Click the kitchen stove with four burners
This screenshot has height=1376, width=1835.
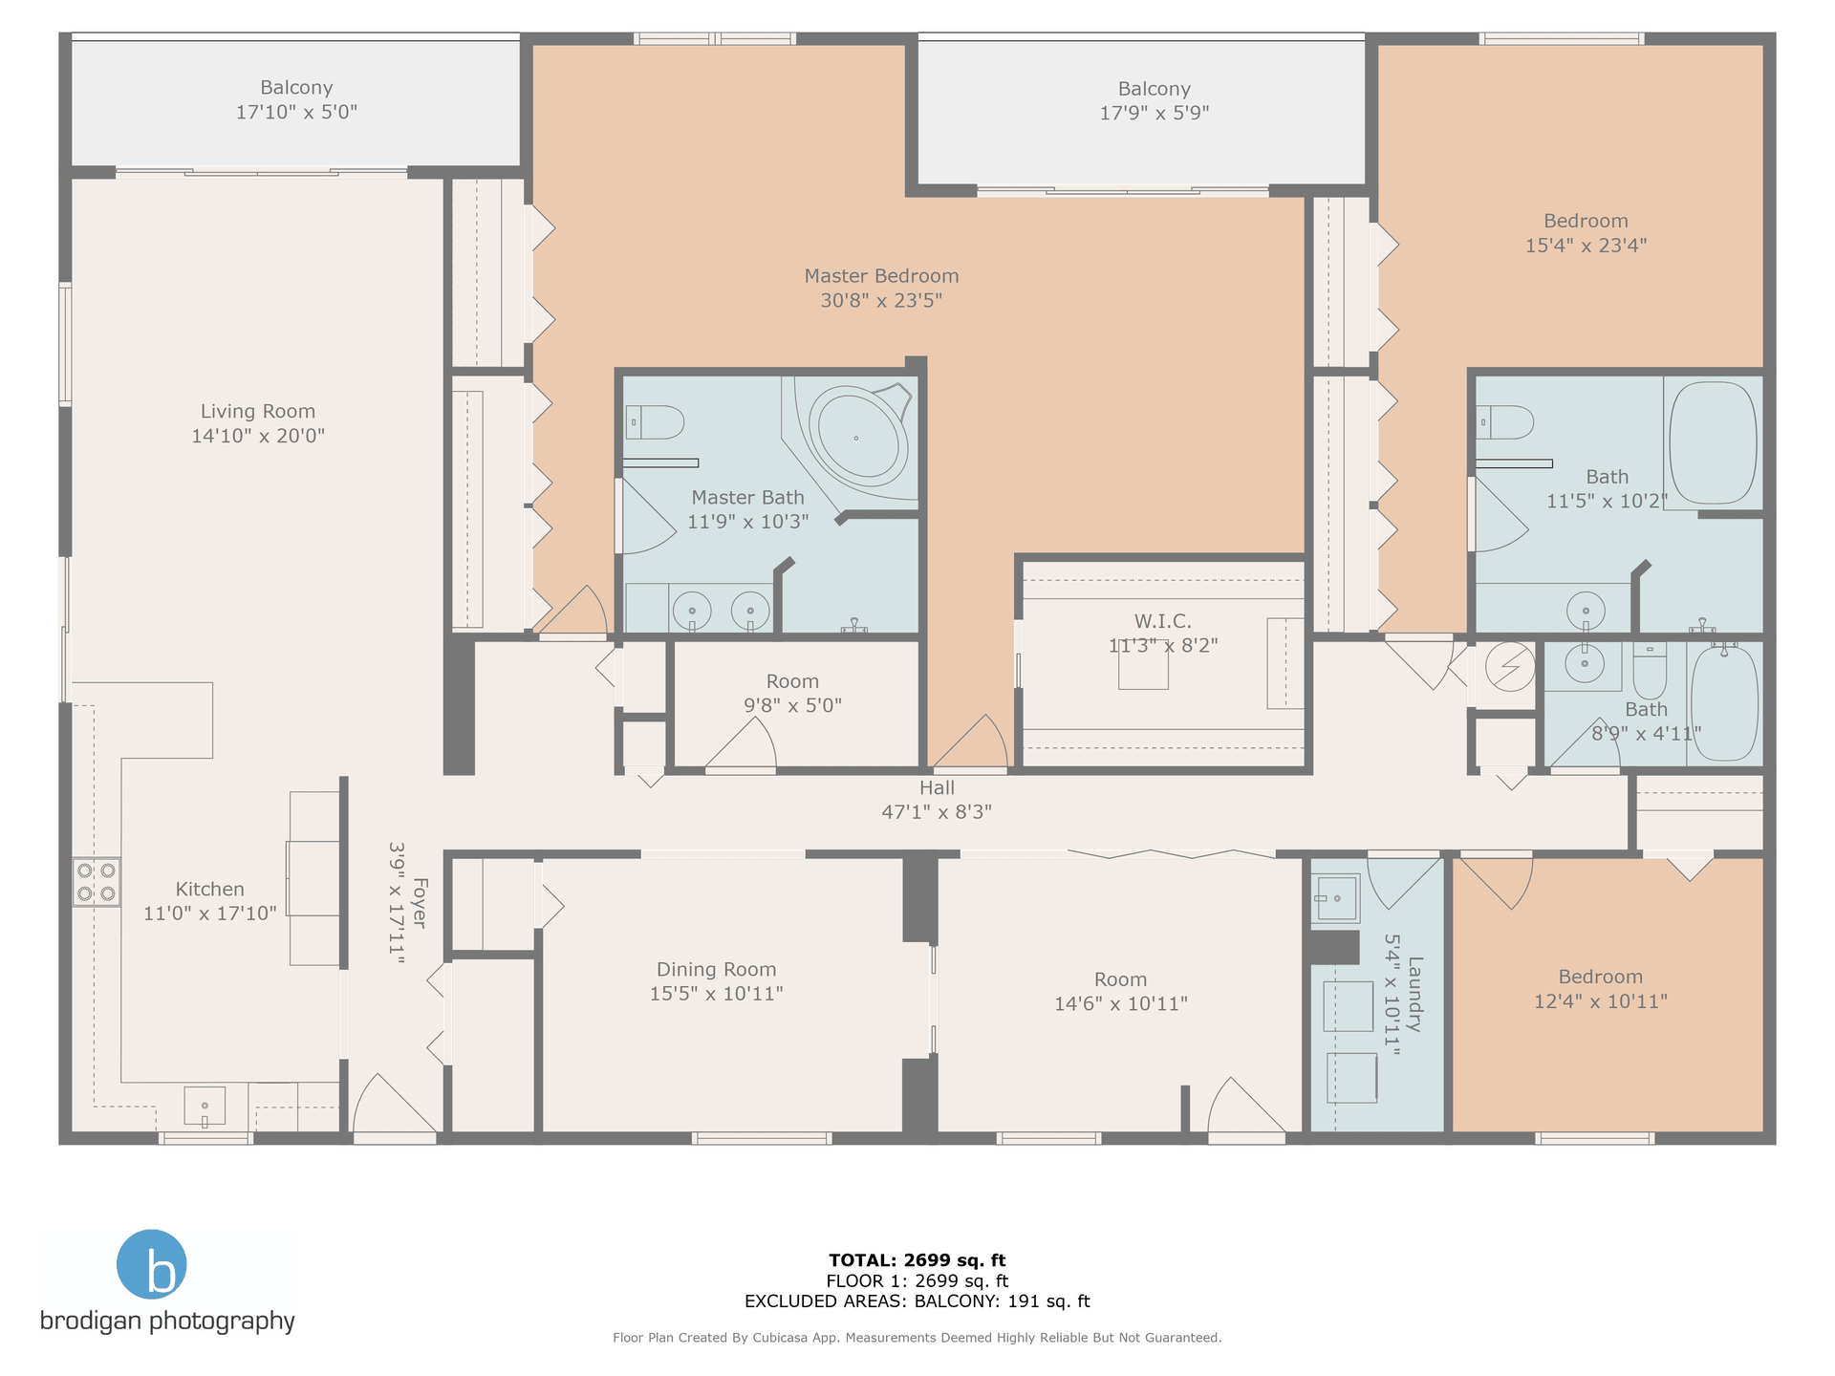[x=97, y=882]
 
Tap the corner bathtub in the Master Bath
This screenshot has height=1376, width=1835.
[x=857, y=439]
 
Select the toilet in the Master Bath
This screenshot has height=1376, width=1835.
[x=655, y=421]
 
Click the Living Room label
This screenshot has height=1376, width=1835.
[x=258, y=412]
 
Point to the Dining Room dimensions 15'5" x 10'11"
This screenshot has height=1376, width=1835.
[x=717, y=994]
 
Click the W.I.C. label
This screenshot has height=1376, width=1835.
[x=1163, y=621]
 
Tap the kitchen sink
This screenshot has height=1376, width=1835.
[x=205, y=1107]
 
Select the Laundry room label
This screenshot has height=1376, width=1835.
[x=1415, y=994]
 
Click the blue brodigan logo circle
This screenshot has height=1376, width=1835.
[x=151, y=1264]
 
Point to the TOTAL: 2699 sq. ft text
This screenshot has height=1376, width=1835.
[x=917, y=1260]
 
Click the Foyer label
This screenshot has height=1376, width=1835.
[x=420, y=903]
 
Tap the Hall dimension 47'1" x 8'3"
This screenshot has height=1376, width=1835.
[x=937, y=812]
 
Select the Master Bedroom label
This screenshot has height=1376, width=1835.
[x=881, y=276]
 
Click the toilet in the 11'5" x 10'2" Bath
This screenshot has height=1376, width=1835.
[x=1504, y=421]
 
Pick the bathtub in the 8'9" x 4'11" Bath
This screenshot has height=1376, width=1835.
[x=1724, y=703]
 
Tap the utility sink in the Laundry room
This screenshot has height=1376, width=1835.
[x=1337, y=898]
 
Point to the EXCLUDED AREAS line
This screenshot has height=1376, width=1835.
[x=917, y=1301]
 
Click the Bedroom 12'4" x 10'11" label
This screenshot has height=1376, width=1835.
[x=1601, y=989]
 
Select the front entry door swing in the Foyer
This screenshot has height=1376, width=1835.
[x=395, y=1104]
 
